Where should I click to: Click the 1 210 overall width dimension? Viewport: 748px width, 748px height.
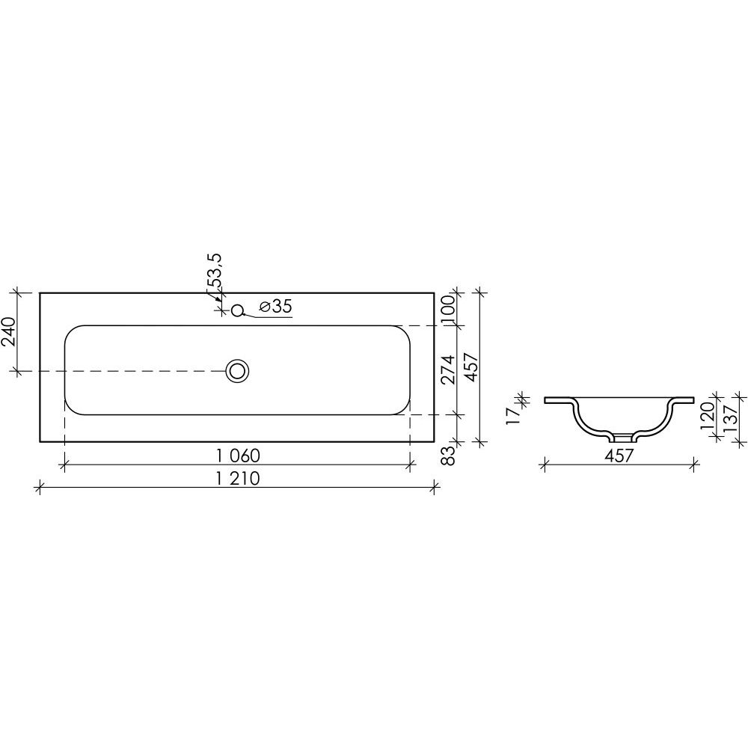(x=238, y=479)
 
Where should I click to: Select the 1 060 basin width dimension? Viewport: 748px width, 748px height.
(x=238, y=456)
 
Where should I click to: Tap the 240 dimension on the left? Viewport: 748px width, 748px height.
(x=9, y=331)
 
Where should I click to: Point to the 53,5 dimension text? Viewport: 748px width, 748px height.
(x=215, y=271)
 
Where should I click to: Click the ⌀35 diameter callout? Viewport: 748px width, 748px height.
(x=275, y=307)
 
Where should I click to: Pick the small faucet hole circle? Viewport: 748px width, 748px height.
(x=238, y=311)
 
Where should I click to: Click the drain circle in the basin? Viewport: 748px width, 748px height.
(x=238, y=371)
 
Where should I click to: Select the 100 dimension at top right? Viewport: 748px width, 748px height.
(x=448, y=310)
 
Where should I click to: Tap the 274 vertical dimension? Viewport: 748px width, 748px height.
(x=448, y=370)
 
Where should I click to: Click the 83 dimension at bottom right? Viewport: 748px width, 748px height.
(x=448, y=455)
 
